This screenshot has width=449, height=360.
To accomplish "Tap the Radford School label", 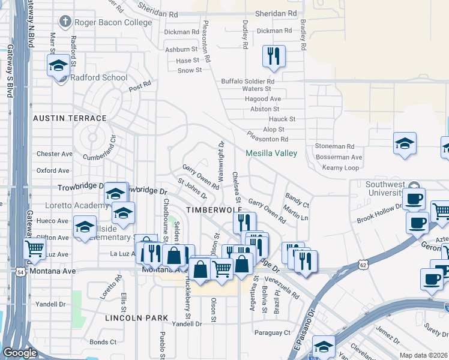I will pyautogui.click(x=99, y=77).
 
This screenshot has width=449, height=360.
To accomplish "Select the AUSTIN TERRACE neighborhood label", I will pyautogui.click(x=70, y=119).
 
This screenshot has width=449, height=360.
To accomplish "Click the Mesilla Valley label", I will pyautogui.click(x=271, y=153).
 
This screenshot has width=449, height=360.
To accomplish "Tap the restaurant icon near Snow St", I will pyautogui.click(x=274, y=57).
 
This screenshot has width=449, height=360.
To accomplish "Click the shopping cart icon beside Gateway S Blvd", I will pyautogui.click(x=35, y=248).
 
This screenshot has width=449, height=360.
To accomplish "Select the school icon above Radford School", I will pyautogui.click(x=58, y=65).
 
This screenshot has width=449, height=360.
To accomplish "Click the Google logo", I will pyautogui.click(x=20, y=353).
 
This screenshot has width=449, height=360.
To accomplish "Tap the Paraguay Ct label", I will pyautogui.click(x=272, y=332).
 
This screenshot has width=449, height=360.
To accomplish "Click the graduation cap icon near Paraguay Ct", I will pyautogui.click(x=324, y=346).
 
